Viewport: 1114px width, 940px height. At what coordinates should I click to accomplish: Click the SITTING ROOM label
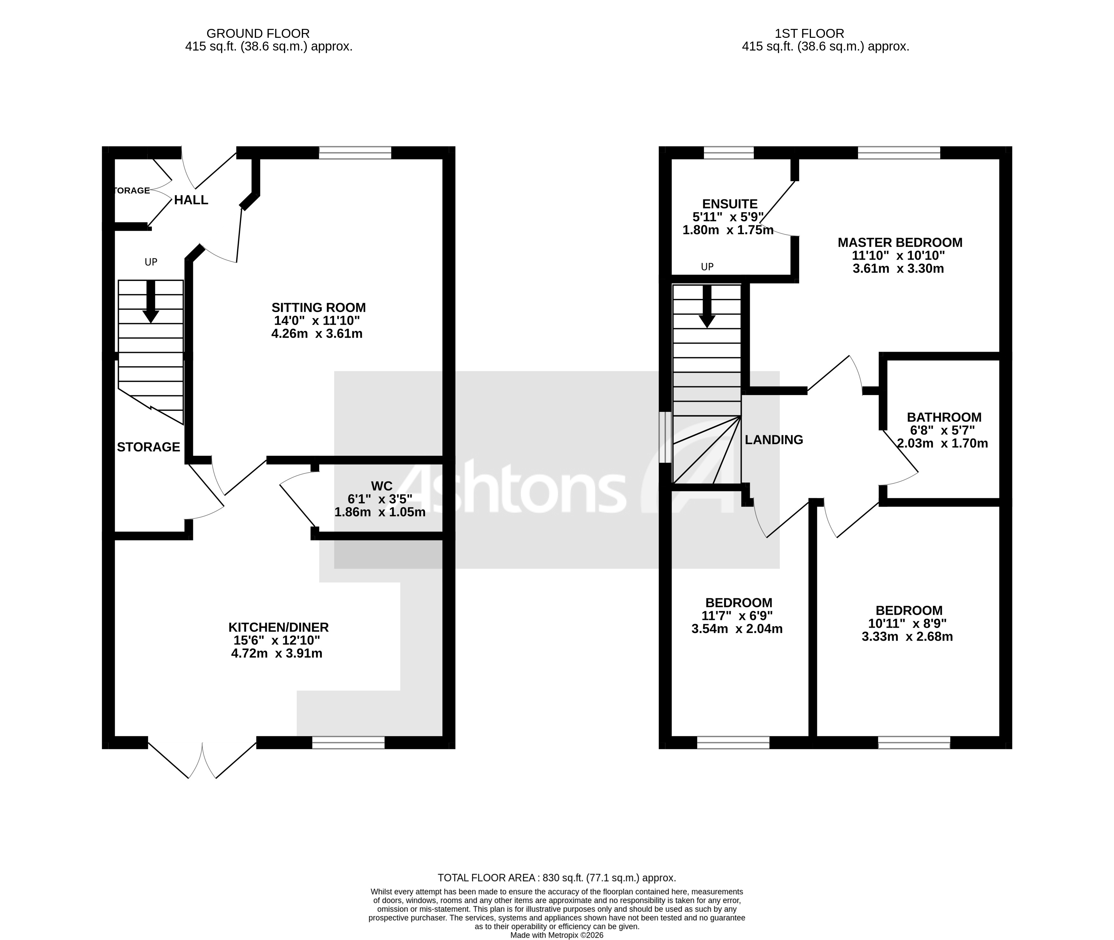pos(319,308)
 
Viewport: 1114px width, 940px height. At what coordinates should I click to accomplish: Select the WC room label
pos(381,486)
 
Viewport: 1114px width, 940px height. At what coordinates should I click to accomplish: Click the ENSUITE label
pos(729,204)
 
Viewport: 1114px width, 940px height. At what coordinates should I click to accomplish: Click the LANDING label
pos(773,439)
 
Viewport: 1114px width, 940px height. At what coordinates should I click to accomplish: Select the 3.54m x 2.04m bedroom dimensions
pos(737,629)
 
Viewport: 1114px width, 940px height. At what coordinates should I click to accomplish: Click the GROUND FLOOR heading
pos(258,34)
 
